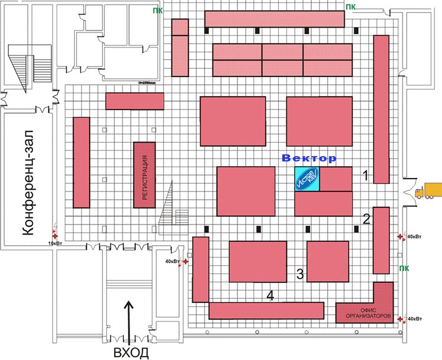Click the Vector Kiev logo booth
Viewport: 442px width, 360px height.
pos(307,179)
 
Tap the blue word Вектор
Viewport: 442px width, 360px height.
pos(309,158)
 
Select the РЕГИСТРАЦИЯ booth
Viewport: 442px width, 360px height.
pos(144,174)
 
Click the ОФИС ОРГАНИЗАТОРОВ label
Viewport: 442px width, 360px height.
pos(365,313)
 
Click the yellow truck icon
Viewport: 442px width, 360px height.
pos(428,191)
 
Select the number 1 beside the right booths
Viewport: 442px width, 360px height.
pos(365,175)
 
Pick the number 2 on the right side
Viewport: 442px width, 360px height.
pos(367,220)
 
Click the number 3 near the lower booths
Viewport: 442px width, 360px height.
pos(300,273)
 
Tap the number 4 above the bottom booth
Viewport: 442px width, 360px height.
pos(270,295)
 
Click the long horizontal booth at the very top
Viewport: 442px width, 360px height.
pos(274,18)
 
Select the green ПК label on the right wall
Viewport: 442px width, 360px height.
pos(404,268)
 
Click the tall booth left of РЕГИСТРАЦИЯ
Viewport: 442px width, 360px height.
pos(81,162)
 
